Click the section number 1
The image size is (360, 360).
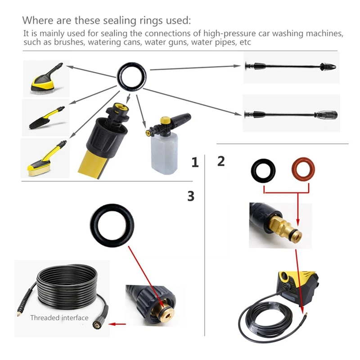194,162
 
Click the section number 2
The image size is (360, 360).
220,161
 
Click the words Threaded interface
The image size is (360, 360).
59,318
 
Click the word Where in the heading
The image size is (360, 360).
38,20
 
